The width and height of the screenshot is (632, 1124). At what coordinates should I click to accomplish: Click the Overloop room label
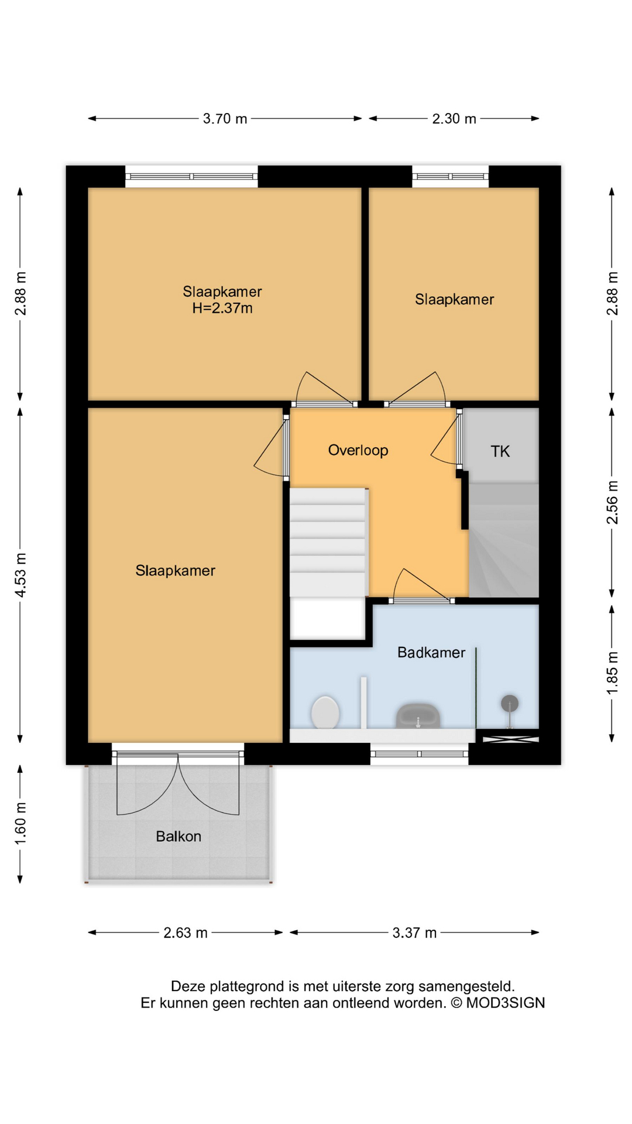[x=358, y=450]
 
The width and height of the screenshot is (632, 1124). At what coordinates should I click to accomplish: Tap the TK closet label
[x=500, y=451]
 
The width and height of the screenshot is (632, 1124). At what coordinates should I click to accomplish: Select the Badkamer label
[x=431, y=652]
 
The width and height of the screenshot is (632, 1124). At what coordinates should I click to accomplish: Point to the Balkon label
[x=178, y=837]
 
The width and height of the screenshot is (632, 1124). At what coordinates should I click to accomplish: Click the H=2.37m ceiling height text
[x=222, y=308]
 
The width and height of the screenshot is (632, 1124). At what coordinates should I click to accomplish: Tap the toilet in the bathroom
[x=325, y=712]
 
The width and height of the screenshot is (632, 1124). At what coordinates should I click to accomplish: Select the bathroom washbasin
[x=418, y=715]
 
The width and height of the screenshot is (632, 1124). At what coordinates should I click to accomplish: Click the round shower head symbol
[x=510, y=702]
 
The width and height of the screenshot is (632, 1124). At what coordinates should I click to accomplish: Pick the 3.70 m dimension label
[x=225, y=119]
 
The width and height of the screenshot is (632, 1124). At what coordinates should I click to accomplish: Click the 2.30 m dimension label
[x=454, y=119]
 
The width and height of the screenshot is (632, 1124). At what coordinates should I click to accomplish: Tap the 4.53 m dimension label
[x=20, y=575]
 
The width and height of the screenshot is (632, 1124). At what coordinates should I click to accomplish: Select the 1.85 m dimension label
[x=612, y=674]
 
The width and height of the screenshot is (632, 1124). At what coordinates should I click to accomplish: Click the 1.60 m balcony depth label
[x=20, y=824]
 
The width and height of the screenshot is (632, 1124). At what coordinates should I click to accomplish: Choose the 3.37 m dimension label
[x=414, y=933]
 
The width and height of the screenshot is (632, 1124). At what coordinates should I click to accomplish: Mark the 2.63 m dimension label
[x=186, y=933]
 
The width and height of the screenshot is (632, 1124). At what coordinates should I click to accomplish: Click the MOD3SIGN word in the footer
[x=506, y=1003]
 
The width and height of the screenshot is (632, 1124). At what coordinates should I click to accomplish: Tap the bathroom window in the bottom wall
[x=420, y=754]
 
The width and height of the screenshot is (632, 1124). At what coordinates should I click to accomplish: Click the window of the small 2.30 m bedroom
[x=451, y=176]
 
